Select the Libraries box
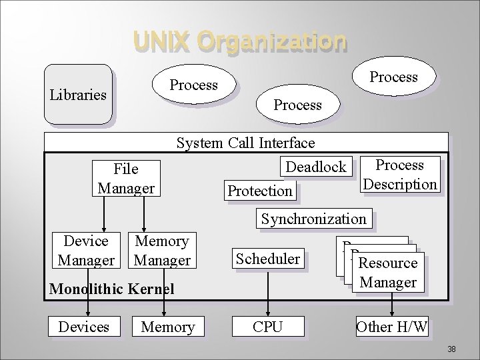tap(78, 94)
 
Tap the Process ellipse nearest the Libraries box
tap(193, 85)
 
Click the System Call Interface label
tap(245, 143)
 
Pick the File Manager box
tap(126, 178)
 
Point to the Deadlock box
tap(316, 167)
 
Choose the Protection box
tap(260, 191)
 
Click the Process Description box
tap(399, 174)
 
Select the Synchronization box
tap(313, 219)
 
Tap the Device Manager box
tap(85, 250)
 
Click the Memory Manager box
tap(162, 250)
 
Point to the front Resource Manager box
tap(387, 272)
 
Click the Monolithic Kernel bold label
tap(112, 289)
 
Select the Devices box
tap(84, 327)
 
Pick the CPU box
tap(267, 327)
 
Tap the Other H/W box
tap(391, 327)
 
